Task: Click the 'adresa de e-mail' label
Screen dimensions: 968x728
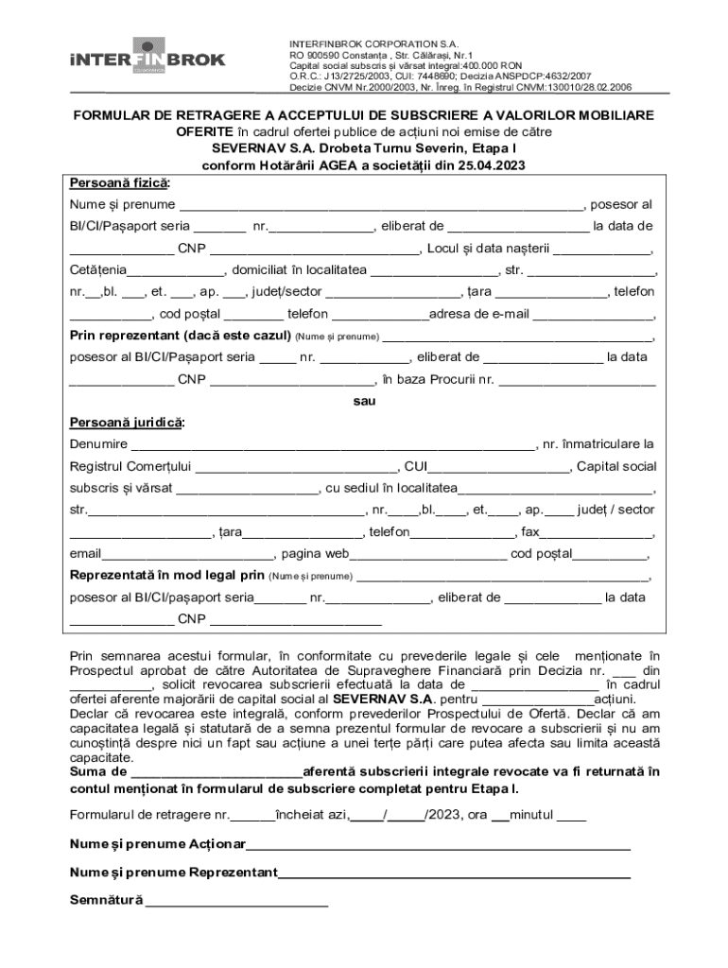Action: coord(476,314)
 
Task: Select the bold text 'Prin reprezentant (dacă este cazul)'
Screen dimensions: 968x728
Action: coord(180,336)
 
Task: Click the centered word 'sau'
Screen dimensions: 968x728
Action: coord(364,401)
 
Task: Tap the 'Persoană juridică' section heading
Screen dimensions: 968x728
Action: coord(127,422)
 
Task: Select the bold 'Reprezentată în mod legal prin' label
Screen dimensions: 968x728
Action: coord(167,575)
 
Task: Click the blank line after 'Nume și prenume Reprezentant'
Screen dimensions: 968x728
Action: coord(454,873)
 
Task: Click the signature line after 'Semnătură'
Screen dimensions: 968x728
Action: coord(236,901)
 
